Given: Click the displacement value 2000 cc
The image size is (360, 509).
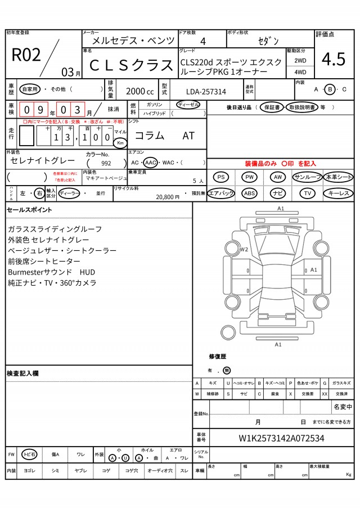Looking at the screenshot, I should point(139,91).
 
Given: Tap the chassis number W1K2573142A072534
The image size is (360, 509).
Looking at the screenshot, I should point(281,438).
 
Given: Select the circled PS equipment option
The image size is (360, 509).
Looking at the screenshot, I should point(222,177).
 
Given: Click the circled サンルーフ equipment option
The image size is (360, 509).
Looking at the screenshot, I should point(307,177).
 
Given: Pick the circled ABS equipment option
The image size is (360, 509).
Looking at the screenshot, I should point(250,193).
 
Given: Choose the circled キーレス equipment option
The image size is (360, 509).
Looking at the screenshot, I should point(338,193).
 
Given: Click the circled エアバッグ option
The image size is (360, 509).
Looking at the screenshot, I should point(221,193).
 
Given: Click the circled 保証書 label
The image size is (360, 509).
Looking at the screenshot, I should point(272,107).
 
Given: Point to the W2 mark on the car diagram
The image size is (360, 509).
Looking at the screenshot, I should point(244,249).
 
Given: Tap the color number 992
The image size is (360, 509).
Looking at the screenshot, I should point(106,163).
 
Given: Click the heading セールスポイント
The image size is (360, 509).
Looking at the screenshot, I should point(29,210).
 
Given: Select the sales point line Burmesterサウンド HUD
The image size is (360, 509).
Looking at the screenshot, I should point(52,272).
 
